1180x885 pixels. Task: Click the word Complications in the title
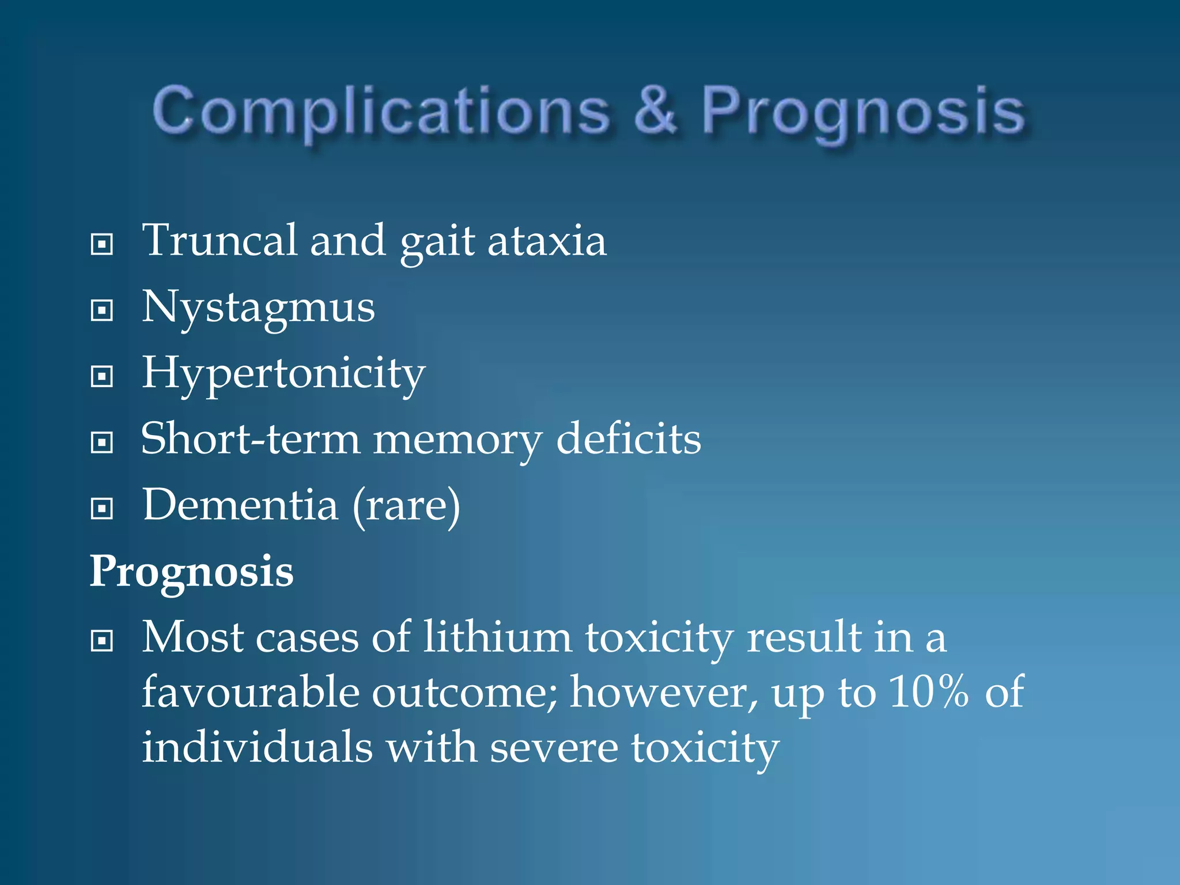tap(381, 111)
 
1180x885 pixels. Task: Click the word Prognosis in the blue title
tap(863, 111)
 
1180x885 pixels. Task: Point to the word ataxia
tap(547, 241)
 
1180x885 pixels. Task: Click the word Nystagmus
tap(258, 308)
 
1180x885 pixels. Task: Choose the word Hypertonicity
tap(283, 374)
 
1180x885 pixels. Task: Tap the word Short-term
tap(250, 439)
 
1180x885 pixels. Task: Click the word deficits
tap(628, 439)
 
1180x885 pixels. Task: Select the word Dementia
tap(240, 505)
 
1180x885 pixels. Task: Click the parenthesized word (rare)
tap(406, 506)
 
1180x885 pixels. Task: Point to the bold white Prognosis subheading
tap(191, 572)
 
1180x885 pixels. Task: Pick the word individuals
tap(257, 747)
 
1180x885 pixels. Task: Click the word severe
tap(554, 748)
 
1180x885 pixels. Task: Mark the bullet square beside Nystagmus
tap(102, 311)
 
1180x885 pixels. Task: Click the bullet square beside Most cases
tap(102, 641)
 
